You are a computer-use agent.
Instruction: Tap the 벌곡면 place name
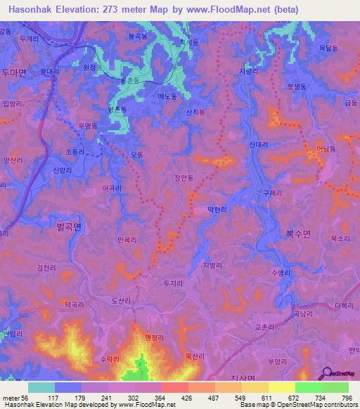pos(68,226)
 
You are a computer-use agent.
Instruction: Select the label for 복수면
pos(297,234)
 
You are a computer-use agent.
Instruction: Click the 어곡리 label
pos(112,188)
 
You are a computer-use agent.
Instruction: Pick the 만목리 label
pos(128,240)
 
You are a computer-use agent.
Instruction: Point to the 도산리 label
pos(121,300)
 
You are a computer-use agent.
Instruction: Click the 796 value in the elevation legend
pos(345,398)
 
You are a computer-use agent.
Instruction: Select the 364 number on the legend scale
pos(148,398)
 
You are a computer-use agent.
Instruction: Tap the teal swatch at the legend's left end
pos(41,387)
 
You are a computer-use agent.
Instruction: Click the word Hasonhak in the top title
pos(34,9)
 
